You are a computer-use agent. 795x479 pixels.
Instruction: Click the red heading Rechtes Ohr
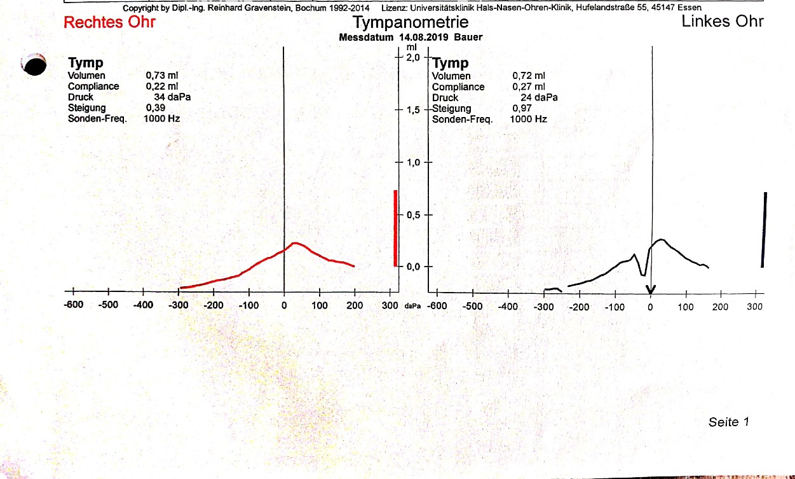pyautogui.click(x=109, y=23)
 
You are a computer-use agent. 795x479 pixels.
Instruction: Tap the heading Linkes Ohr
pyautogui.click(x=722, y=22)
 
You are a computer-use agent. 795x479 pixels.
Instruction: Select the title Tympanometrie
pyautogui.click(x=411, y=23)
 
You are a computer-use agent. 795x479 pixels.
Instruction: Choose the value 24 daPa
pyautogui.click(x=539, y=98)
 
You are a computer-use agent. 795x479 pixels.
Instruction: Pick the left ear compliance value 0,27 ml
pyautogui.click(x=529, y=87)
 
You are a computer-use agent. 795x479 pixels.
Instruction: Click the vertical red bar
pyautogui.click(x=395, y=228)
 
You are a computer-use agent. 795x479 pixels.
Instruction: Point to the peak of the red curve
pyautogui.click(x=296, y=243)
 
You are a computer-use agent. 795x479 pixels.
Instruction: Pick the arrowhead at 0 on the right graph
pyautogui.click(x=651, y=290)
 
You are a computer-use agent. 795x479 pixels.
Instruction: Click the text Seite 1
pyautogui.click(x=729, y=422)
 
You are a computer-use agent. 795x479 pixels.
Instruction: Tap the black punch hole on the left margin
pyautogui.click(x=34, y=64)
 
